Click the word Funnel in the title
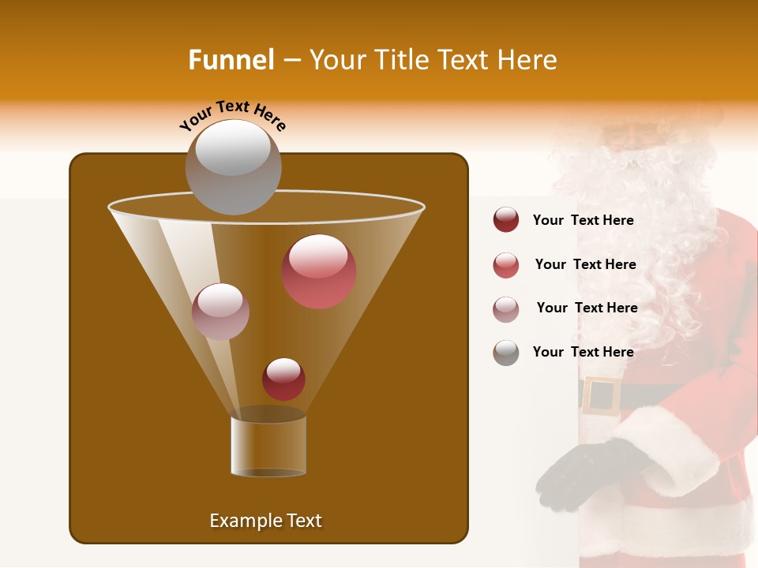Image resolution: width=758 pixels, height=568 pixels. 231,60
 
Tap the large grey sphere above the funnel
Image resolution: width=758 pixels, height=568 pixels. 233,166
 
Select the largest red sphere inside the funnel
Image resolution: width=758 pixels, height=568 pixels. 319,271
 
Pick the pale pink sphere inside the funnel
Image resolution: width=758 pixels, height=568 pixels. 220,312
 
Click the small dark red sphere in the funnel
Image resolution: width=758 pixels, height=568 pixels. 283,379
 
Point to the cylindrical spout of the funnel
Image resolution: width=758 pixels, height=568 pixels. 268,446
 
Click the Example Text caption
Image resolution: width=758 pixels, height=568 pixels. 265,521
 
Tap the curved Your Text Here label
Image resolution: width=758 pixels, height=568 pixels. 232,115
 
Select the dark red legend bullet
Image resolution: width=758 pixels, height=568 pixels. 506,220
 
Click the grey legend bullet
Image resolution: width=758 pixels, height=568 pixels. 506,353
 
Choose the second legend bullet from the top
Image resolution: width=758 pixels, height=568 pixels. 506,265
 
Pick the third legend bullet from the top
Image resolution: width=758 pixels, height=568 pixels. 506,309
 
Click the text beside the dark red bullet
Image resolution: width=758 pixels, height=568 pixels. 583,220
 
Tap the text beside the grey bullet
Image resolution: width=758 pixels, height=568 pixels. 583,352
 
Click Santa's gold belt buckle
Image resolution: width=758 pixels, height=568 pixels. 602,395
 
